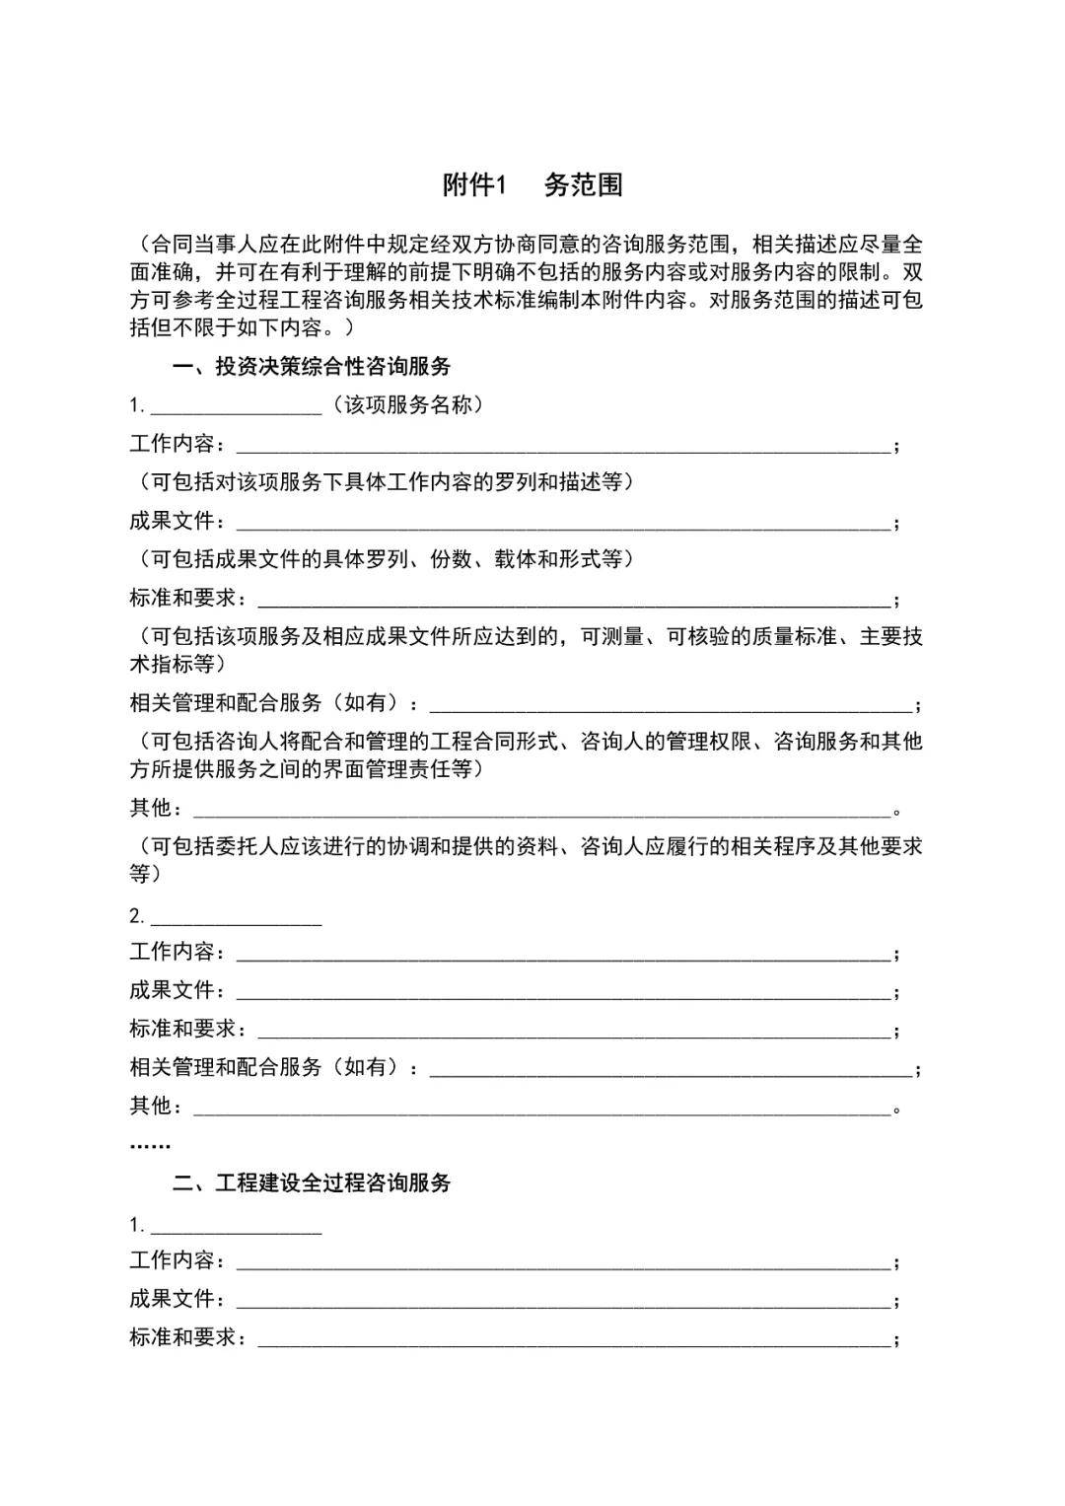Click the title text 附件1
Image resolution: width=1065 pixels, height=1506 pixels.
pos(473,184)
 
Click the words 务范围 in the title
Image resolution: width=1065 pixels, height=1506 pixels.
pos(583,184)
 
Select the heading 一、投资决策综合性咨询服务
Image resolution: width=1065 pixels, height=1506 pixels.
pos(311,367)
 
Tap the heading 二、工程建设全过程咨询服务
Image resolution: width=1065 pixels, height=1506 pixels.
pos(311,1183)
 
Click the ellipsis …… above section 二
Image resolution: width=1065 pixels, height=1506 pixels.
pos(150,1145)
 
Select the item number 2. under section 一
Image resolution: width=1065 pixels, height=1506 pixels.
pos(137,916)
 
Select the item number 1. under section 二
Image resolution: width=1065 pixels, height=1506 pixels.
pos(137,1225)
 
